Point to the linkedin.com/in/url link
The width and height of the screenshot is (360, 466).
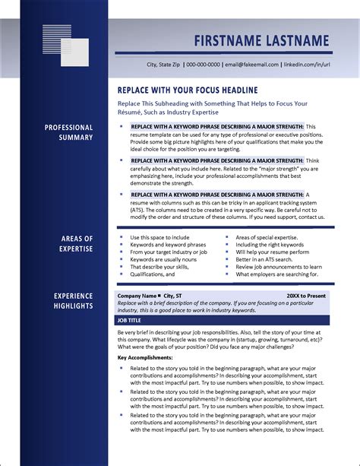(302, 64)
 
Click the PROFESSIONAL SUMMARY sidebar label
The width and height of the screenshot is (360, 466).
(69, 132)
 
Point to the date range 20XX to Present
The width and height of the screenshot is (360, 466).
(307, 295)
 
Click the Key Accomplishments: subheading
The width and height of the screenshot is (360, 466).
(145, 357)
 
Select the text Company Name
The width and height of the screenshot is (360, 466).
(137, 295)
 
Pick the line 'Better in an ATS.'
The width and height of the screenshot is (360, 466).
(260, 259)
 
